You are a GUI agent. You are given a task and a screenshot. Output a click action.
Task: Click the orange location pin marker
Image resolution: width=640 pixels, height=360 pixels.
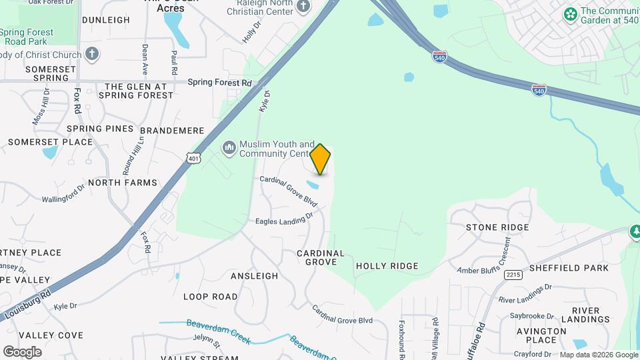(x=321, y=159)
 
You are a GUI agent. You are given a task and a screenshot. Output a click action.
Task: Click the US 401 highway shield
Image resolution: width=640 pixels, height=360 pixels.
(x=193, y=158)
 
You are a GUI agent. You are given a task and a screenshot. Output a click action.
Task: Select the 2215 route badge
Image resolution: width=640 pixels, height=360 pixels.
(x=513, y=274)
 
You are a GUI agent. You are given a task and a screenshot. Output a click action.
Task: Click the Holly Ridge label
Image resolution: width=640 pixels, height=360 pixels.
(x=387, y=266)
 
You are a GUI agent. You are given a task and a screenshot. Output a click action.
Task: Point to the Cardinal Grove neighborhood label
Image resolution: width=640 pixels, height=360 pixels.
(x=321, y=257)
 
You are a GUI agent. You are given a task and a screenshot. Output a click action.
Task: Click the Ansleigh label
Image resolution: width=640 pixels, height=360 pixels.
(x=254, y=275)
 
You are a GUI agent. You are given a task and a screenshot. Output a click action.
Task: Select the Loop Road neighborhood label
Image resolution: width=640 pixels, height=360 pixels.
(x=210, y=297)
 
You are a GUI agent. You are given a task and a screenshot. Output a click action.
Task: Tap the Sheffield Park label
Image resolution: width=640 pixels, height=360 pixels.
(x=569, y=268)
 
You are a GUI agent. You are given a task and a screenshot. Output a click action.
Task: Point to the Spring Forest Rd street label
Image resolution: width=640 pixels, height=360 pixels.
(x=219, y=83)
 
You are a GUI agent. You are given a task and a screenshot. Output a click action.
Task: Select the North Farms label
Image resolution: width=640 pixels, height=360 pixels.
(x=123, y=183)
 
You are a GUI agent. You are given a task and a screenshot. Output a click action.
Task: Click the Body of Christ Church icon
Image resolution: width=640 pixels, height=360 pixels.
(x=92, y=54)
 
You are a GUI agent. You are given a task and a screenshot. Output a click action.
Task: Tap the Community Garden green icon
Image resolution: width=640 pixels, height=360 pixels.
(x=570, y=14)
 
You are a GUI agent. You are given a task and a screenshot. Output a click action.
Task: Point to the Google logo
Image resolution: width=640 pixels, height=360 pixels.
(x=22, y=351)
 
